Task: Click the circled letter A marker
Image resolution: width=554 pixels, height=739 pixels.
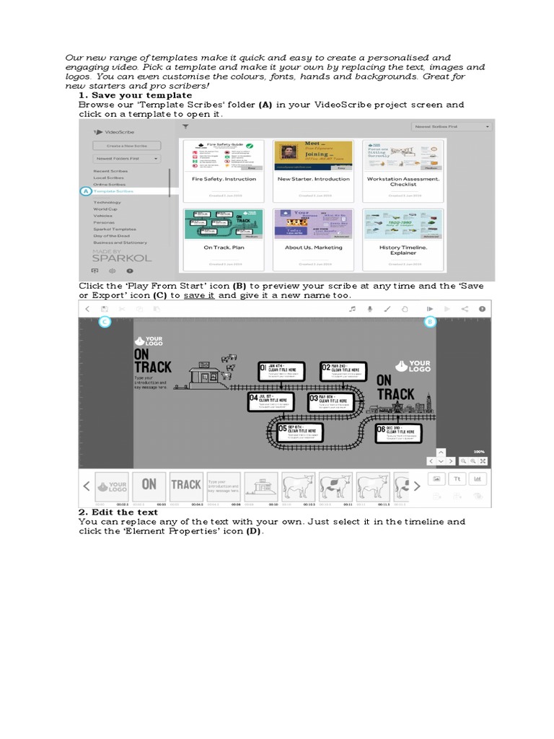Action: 85,191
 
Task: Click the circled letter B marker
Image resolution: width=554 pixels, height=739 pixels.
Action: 430,321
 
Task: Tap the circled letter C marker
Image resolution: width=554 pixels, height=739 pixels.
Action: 105,321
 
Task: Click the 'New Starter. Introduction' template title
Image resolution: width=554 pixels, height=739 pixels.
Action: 313,179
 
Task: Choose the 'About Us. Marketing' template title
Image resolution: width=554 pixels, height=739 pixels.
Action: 313,248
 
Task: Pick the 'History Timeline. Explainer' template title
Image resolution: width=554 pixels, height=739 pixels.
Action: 403,250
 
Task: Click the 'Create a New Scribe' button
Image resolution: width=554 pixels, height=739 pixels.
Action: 126,145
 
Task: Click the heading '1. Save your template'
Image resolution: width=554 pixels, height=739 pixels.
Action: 135,95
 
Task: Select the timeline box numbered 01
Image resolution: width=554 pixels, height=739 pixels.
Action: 283,371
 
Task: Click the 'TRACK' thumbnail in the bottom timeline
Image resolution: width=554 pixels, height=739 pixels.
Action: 185,485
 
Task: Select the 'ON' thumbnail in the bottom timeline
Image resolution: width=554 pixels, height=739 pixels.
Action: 149,485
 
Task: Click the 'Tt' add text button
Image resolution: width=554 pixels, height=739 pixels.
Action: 457,478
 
